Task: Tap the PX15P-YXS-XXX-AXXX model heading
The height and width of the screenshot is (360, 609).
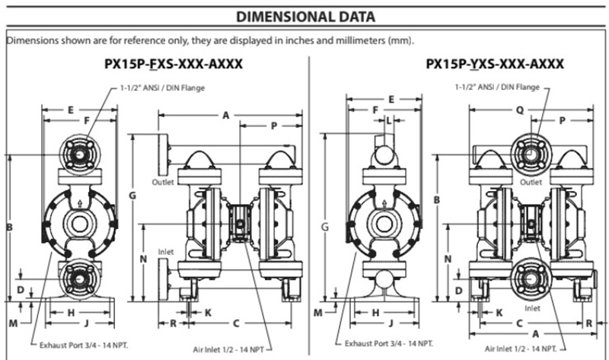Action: coord(495,65)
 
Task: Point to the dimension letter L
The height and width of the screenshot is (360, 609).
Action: coord(388,120)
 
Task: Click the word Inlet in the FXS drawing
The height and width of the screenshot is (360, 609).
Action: coord(166,251)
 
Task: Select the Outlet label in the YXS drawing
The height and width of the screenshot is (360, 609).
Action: coord(531,183)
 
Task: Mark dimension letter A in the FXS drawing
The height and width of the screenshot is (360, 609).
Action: coord(225,115)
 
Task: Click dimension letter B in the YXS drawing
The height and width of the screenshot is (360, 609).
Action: coord(437,199)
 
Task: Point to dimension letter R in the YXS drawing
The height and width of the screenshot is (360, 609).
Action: coord(591,323)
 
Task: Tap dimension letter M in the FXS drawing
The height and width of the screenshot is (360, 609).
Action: coord(13,323)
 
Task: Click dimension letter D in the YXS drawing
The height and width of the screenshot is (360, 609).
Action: coord(458,290)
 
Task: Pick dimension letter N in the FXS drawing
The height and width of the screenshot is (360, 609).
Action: coord(144,259)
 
